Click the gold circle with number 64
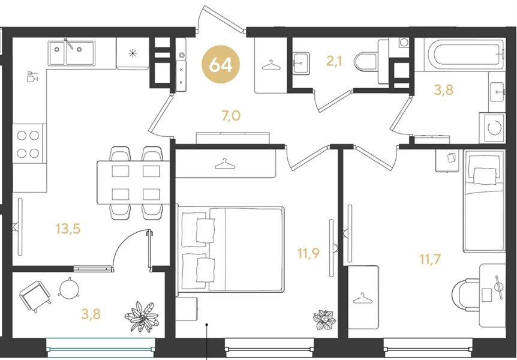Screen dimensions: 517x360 221,64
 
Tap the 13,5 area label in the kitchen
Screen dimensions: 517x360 68,229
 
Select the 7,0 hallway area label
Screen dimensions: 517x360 231,116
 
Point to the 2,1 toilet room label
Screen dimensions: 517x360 335,61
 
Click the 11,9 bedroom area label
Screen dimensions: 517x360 309,253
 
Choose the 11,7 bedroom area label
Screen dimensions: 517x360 430,259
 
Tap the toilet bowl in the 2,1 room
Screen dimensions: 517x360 366,61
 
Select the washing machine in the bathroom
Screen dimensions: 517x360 492,128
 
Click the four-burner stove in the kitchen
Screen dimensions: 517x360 28,144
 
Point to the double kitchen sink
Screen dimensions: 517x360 71,53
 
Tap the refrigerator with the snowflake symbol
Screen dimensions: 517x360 133,53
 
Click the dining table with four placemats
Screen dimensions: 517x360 133,182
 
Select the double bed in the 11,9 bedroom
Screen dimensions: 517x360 231,249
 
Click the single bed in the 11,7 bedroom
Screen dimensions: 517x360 483,201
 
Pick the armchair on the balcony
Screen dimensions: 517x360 35,296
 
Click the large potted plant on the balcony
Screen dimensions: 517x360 142,316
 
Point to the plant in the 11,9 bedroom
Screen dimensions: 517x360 324,319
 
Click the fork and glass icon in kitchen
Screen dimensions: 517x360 32,76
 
